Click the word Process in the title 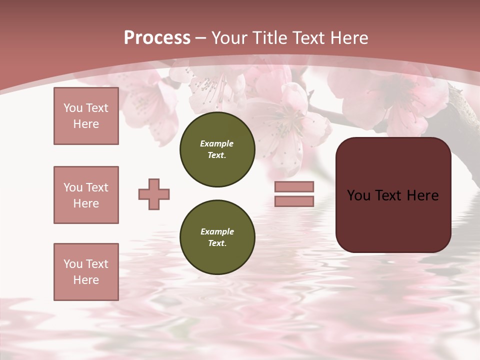157,38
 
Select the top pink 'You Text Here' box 86,116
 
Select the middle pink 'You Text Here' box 86,195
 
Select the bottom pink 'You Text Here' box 86,272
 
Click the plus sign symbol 154,194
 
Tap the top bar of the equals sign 294,186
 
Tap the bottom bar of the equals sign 294,201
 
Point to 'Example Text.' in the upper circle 217,149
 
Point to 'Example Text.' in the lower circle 217,237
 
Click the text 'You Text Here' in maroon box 393,195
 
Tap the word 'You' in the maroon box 358,195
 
